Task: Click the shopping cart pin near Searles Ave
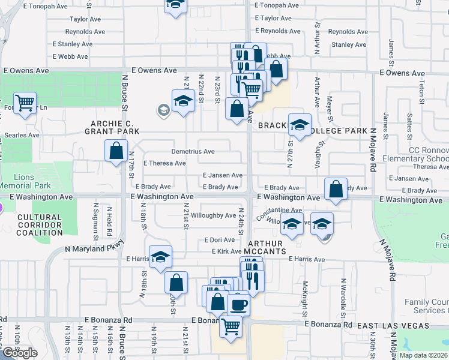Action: [25, 103]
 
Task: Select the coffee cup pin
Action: [238, 304]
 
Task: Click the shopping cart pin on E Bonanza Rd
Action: [231, 327]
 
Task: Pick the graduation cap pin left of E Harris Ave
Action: [160, 257]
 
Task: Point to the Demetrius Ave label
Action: [193, 152]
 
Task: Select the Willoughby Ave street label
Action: [213, 215]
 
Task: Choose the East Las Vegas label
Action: [393, 325]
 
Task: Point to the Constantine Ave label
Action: [277, 211]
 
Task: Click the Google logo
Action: [20, 353]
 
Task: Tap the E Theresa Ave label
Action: [164, 163]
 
